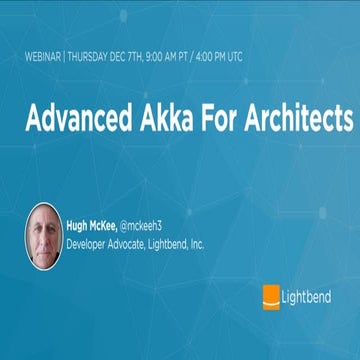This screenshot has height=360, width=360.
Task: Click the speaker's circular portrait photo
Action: pos(44,236)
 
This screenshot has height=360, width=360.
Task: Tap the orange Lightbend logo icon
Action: pos(270,295)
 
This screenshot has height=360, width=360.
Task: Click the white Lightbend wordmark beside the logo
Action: pos(309,296)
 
